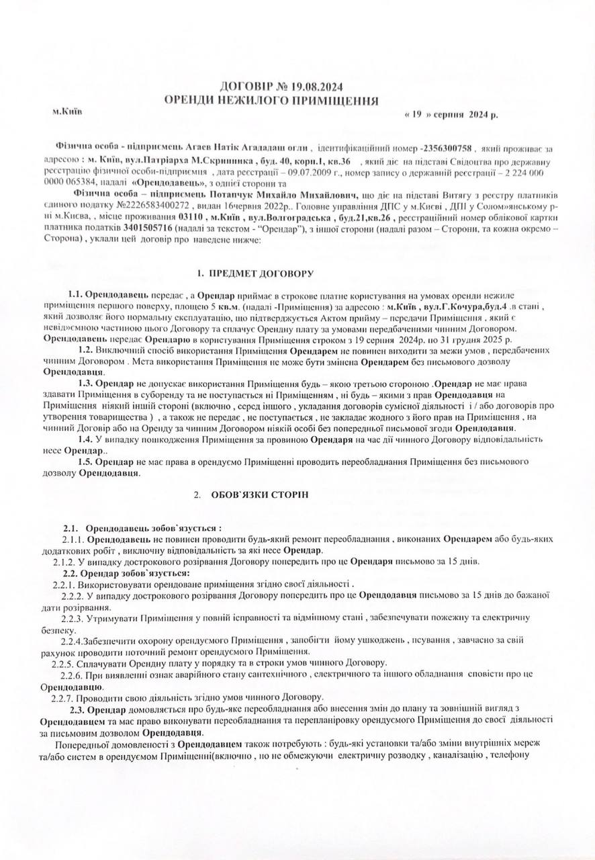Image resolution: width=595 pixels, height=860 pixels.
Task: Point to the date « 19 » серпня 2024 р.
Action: (451, 115)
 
